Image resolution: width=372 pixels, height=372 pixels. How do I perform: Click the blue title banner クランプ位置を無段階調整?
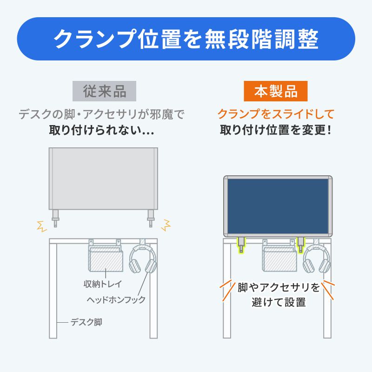tap(186, 39)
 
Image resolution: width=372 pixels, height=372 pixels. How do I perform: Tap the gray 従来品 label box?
tap(105, 92)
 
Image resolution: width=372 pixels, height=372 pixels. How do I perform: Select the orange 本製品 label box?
tap(276, 92)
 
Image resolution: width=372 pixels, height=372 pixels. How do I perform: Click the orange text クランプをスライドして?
tap(276, 114)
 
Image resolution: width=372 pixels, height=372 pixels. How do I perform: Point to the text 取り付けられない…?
tap(102, 131)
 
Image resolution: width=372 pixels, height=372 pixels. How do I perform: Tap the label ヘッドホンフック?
tap(116, 299)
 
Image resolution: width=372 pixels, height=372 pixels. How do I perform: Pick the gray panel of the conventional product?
tap(103, 178)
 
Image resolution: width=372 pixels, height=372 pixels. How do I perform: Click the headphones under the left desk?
tap(143, 259)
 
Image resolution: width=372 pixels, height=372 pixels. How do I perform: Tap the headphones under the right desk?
tap(317, 259)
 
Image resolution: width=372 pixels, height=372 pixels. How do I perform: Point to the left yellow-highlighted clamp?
tap(241, 244)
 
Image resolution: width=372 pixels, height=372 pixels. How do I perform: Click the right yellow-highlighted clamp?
tap(301, 244)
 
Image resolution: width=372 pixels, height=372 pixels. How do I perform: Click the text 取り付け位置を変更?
tap(276, 131)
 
